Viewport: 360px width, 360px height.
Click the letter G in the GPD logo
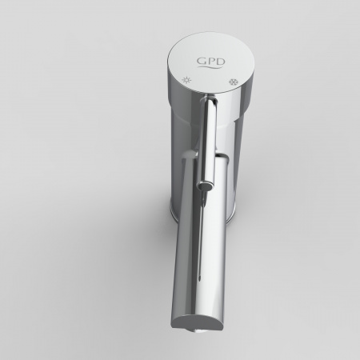tap(201, 61)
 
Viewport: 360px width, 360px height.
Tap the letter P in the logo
tap(209, 61)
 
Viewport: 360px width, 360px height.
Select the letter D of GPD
tap(220, 62)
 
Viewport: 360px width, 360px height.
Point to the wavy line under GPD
tap(210, 68)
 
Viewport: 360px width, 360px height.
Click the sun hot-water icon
tap(186, 80)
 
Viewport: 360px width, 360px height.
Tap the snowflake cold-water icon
tap(233, 82)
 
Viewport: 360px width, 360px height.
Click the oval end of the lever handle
tap(206, 185)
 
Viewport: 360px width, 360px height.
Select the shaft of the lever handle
tap(209, 138)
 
